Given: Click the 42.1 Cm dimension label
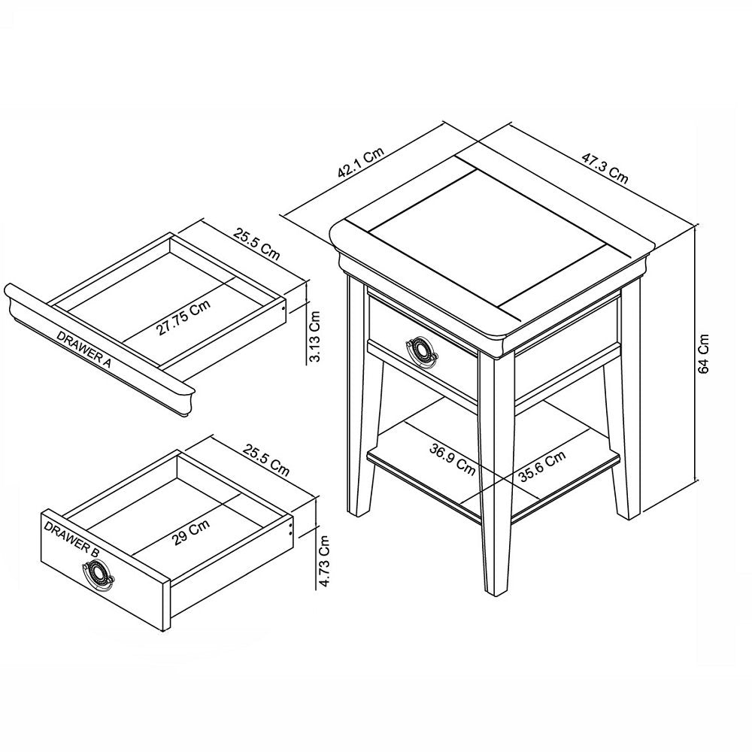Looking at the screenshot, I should (x=361, y=163).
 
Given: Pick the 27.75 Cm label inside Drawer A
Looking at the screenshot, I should (x=183, y=317).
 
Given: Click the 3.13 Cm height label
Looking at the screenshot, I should (x=317, y=336).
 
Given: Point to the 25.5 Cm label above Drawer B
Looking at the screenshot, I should (x=265, y=459).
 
